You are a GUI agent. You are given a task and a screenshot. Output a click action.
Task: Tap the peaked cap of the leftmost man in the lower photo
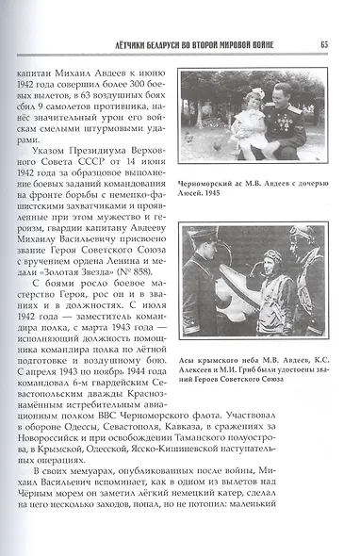[x=202, y=233]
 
